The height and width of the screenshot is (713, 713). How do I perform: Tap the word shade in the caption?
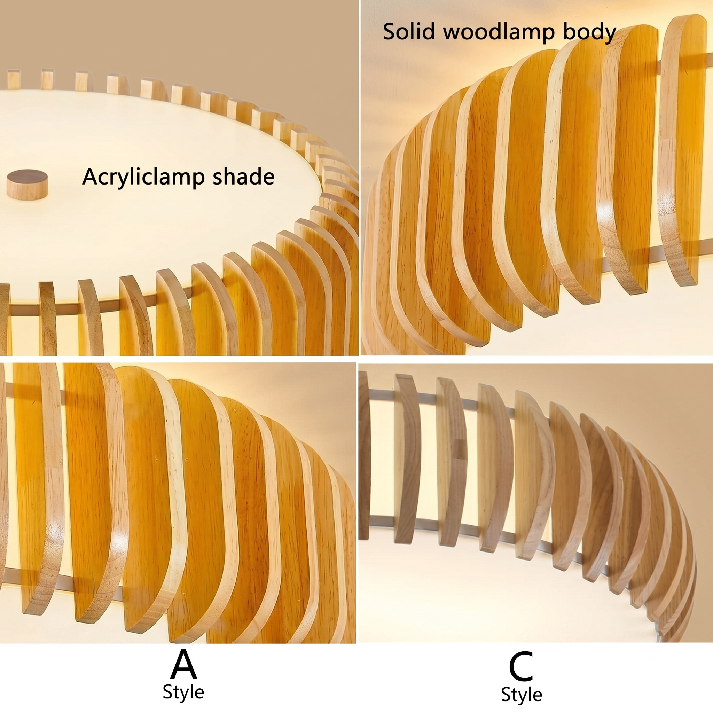click(x=244, y=177)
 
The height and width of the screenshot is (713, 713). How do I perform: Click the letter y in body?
click(x=610, y=36)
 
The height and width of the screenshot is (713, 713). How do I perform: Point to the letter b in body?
click(x=570, y=32)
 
